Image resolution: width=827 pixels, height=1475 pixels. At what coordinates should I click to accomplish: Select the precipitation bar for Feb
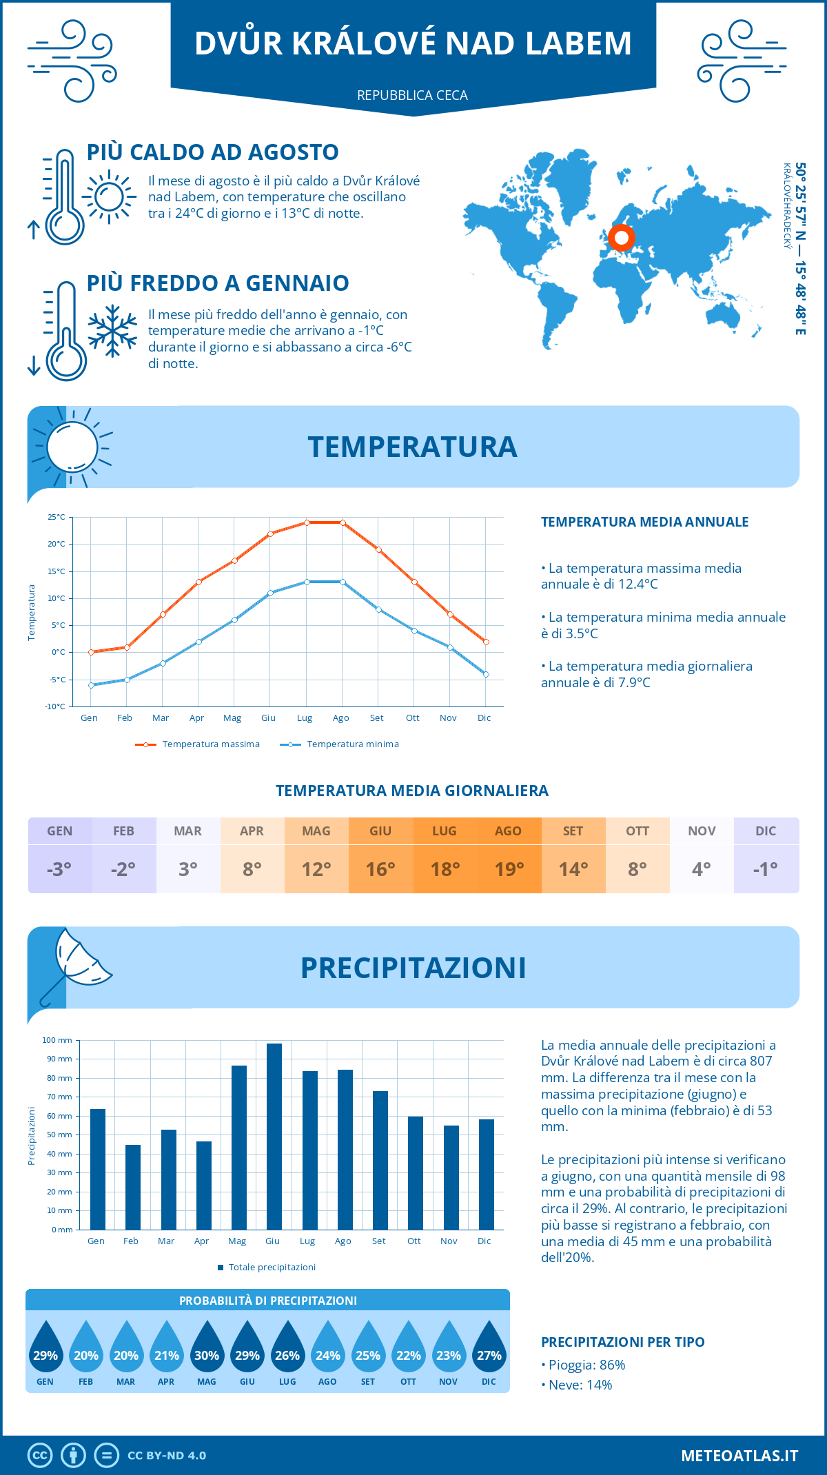[x=132, y=1187]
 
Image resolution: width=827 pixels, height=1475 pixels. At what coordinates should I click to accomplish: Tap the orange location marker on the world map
[x=622, y=238]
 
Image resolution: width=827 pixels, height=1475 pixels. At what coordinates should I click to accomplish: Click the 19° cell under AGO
[x=509, y=869]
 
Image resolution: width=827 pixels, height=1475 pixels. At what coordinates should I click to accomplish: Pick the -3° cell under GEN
[x=59, y=869]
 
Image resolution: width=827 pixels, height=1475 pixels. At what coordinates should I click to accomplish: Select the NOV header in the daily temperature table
[x=702, y=831]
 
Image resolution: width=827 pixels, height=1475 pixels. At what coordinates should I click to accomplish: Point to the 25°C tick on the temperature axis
[x=57, y=517]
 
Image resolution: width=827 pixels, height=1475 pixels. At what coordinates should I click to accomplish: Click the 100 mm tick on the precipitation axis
[x=57, y=1040]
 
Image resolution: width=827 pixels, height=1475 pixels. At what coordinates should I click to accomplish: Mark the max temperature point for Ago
[x=343, y=522]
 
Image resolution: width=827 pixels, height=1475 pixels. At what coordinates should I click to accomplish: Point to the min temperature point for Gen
[x=91, y=685]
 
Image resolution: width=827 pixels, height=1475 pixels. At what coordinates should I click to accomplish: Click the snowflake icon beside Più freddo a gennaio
[x=112, y=331]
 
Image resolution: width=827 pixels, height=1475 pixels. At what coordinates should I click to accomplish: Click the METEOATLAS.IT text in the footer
[x=739, y=1456]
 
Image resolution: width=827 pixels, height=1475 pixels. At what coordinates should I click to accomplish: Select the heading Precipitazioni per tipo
[x=622, y=1342]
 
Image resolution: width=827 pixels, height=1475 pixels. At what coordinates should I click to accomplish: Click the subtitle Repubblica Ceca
[x=412, y=95]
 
